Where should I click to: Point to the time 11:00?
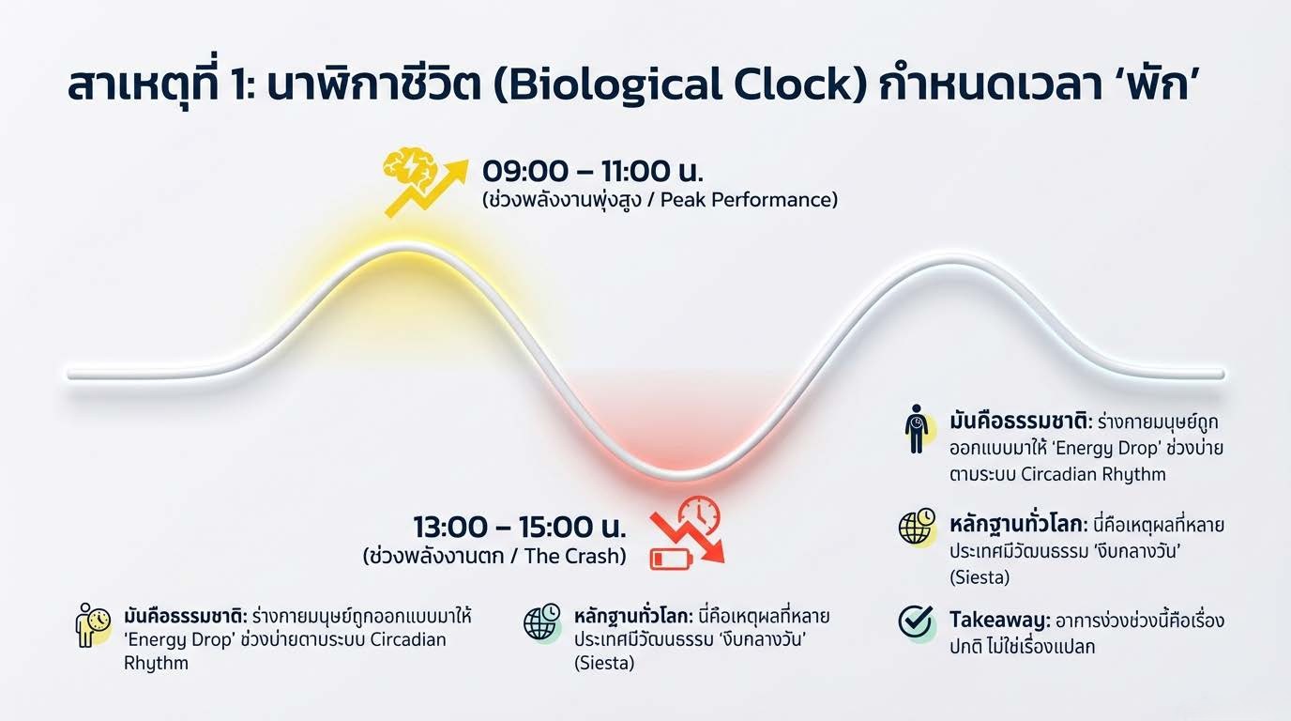click(636, 171)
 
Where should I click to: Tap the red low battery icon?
click(671, 559)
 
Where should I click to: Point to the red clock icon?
click(699, 514)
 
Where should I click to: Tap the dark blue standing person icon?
click(916, 428)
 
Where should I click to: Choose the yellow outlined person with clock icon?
click(92, 624)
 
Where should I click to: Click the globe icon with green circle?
click(541, 622)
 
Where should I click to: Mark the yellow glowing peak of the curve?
click(407, 248)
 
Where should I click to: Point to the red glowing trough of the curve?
click(679, 475)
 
